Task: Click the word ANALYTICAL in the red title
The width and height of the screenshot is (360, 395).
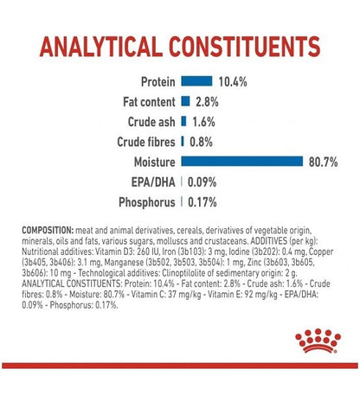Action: (x=100, y=47)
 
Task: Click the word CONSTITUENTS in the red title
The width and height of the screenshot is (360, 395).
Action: (x=245, y=47)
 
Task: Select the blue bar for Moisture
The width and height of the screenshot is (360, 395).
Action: (x=242, y=162)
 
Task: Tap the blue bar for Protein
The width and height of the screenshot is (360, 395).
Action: (x=196, y=81)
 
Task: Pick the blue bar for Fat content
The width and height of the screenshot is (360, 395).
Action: (x=185, y=101)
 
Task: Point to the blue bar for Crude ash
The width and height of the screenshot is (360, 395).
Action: (x=183, y=121)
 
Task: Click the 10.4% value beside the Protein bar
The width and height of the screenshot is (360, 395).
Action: (x=233, y=82)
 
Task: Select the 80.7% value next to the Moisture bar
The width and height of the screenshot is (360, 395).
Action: (x=323, y=162)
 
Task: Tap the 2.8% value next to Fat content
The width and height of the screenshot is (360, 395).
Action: (x=207, y=102)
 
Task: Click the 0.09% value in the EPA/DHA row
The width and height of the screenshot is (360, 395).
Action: (x=202, y=182)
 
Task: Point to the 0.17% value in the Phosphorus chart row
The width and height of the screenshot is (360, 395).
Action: (x=202, y=202)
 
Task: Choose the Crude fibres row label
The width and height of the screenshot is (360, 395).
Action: (x=146, y=142)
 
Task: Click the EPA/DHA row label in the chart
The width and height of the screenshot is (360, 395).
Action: (x=153, y=182)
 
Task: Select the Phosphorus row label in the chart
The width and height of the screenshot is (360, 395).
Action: (x=147, y=202)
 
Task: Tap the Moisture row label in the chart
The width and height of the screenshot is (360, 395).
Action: (x=155, y=162)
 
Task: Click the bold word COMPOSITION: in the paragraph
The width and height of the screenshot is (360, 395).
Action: (x=48, y=231)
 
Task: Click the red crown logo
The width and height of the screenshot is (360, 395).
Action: (x=318, y=341)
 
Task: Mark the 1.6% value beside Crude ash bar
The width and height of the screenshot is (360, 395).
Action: (x=203, y=122)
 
